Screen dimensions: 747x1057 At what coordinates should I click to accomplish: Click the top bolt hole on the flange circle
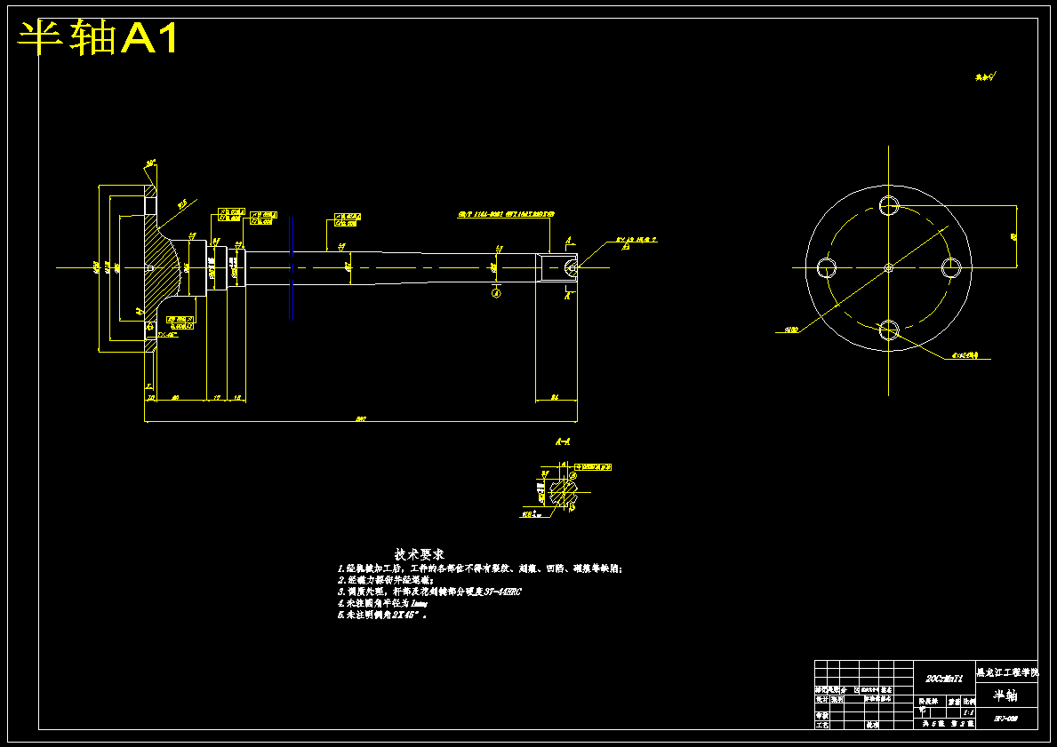click(x=889, y=205)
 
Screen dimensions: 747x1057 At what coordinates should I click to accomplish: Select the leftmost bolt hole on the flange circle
click(x=828, y=266)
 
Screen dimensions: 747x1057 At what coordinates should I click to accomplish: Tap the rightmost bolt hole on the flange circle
click(x=950, y=266)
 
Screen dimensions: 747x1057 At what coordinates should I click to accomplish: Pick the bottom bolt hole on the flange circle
click(x=889, y=330)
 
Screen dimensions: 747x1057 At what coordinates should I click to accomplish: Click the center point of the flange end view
click(x=889, y=266)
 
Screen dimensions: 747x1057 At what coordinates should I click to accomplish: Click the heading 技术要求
click(x=420, y=554)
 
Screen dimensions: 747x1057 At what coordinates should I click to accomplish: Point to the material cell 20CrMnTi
click(x=944, y=678)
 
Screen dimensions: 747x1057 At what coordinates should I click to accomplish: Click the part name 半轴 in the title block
click(x=1005, y=695)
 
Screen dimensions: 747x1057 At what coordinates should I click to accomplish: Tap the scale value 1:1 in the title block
click(x=968, y=711)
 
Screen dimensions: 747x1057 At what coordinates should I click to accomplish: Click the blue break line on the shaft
click(x=292, y=266)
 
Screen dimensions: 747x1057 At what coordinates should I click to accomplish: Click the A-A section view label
click(x=563, y=441)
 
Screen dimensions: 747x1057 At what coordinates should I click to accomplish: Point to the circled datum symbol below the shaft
click(x=496, y=293)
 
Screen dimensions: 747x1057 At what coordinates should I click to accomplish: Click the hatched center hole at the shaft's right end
click(x=570, y=266)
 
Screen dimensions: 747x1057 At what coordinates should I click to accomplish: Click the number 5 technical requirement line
click(x=383, y=614)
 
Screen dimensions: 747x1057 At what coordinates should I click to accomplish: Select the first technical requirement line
click(x=480, y=568)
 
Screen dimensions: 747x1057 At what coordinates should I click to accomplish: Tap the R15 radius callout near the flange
click(x=182, y=203)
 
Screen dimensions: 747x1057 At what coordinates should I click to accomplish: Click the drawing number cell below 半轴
click(x=1005, y=718)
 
